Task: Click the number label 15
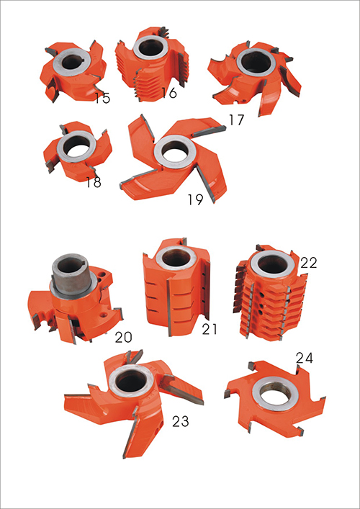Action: coord(102,99)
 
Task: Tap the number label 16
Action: coord(169,93)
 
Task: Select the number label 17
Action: coord(235,120)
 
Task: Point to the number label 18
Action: coord(94,182)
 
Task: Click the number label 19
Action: coord(195,200)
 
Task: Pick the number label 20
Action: coord(124,338)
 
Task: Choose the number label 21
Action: coord(209,330)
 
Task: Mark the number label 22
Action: coord(308,263)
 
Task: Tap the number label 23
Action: coord(181,421)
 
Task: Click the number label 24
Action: coord(304,358)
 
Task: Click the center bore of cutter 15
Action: coord(71,62)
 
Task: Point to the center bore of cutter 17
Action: coord(254,63)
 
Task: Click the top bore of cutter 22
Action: coord(272,263)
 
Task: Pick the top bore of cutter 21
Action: coord(176,258)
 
